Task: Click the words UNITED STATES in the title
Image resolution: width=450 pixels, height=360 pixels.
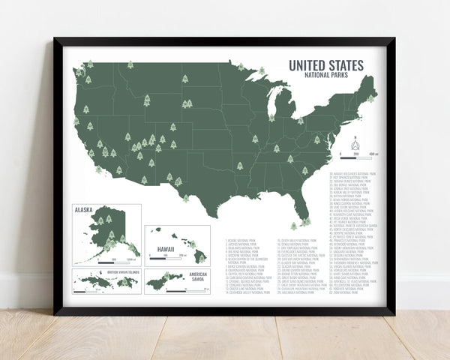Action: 325,65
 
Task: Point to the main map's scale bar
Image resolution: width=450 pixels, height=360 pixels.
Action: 357,157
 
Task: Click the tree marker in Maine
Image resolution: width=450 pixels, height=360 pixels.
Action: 370,99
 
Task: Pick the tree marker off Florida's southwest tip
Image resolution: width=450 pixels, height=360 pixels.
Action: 294,225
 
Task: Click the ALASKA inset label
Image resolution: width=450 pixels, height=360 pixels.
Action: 84,212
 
